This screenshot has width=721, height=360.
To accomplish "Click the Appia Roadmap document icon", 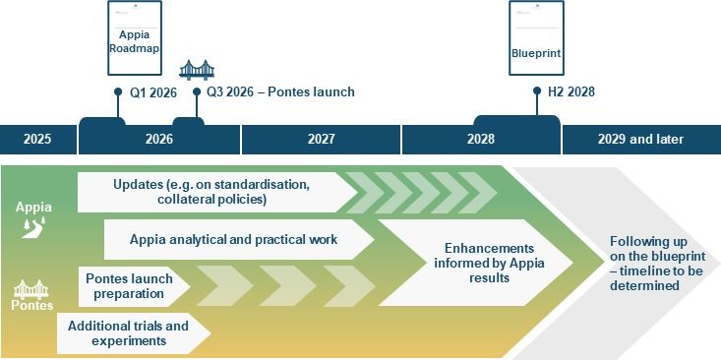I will (x=134, y=39).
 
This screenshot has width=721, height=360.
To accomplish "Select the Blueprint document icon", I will (x=536, y=39).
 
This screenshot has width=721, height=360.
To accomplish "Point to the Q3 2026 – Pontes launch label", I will (x=279, y=92).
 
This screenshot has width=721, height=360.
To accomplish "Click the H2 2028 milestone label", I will (x=571, y=92).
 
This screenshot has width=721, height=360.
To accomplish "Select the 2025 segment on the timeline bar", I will (x=37, y=140).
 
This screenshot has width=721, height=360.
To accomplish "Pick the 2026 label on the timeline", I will (x=158, y=140).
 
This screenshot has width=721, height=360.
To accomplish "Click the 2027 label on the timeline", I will (x=321, y=140).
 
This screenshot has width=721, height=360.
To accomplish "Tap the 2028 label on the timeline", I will (x=481, y=140).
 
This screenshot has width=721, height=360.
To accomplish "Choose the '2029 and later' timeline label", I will (x=640, y=140).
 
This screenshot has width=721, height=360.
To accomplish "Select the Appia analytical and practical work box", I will (x=234, y=239).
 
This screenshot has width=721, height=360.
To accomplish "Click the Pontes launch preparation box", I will (x=129, y=286).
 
